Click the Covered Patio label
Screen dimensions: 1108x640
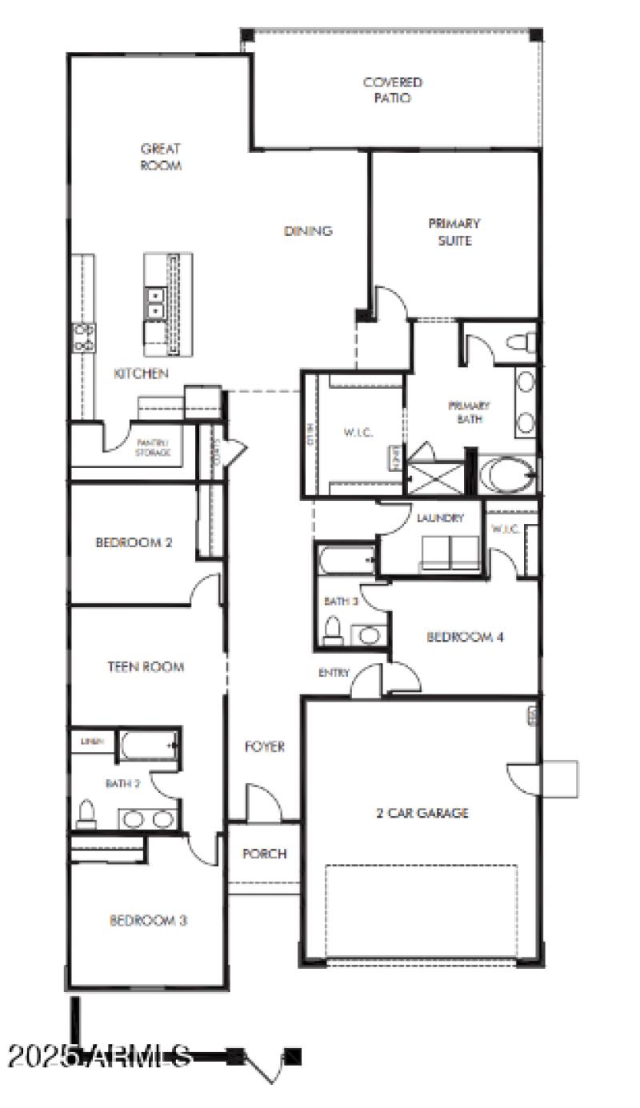(392, 90)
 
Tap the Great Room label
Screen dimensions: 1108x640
(161, 157)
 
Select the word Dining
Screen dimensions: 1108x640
(308, 231)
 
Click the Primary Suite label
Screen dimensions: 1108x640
(454, 232)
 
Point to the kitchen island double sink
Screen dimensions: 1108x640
(154, 304)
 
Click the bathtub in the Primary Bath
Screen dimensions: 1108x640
(507, 475)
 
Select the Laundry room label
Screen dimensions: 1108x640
(440, 518)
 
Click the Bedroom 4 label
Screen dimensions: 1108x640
(465, 638)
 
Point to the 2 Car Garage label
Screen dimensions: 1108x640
(422, 814)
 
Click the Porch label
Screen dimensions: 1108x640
(264, 854)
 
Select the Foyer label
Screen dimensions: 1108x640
(264, 747)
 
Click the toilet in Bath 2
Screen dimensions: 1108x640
(86, 814)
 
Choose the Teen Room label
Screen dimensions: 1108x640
(146, 666)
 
